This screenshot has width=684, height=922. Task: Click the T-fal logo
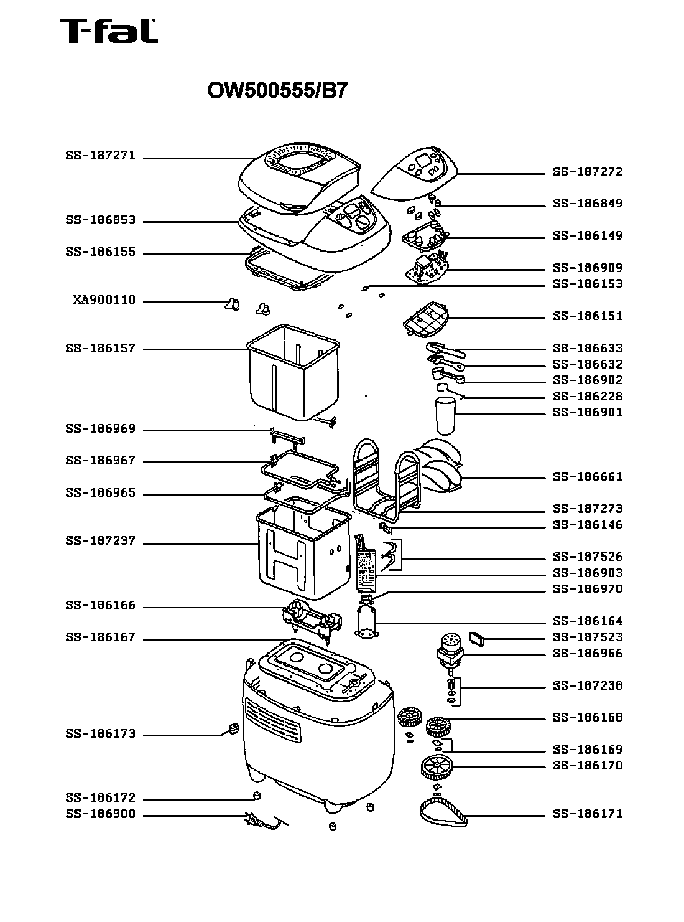(x=108, y=31)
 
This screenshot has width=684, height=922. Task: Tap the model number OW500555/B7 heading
(x=277, y=91)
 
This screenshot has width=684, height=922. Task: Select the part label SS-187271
(x=100, y=156)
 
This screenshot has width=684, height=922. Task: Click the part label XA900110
(x=104, y=300)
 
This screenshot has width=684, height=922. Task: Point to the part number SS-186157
(x=100, y=349)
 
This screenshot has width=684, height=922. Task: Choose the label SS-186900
(x=100, y=814)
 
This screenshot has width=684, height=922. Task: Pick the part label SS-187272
(x=588, y=172)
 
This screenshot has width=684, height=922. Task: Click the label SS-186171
(x=588, y=814)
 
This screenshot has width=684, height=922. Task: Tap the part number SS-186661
(x=588, y=477)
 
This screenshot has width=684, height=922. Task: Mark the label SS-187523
(x=588, y=637)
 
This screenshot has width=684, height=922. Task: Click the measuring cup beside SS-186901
(x=445, y=416)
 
